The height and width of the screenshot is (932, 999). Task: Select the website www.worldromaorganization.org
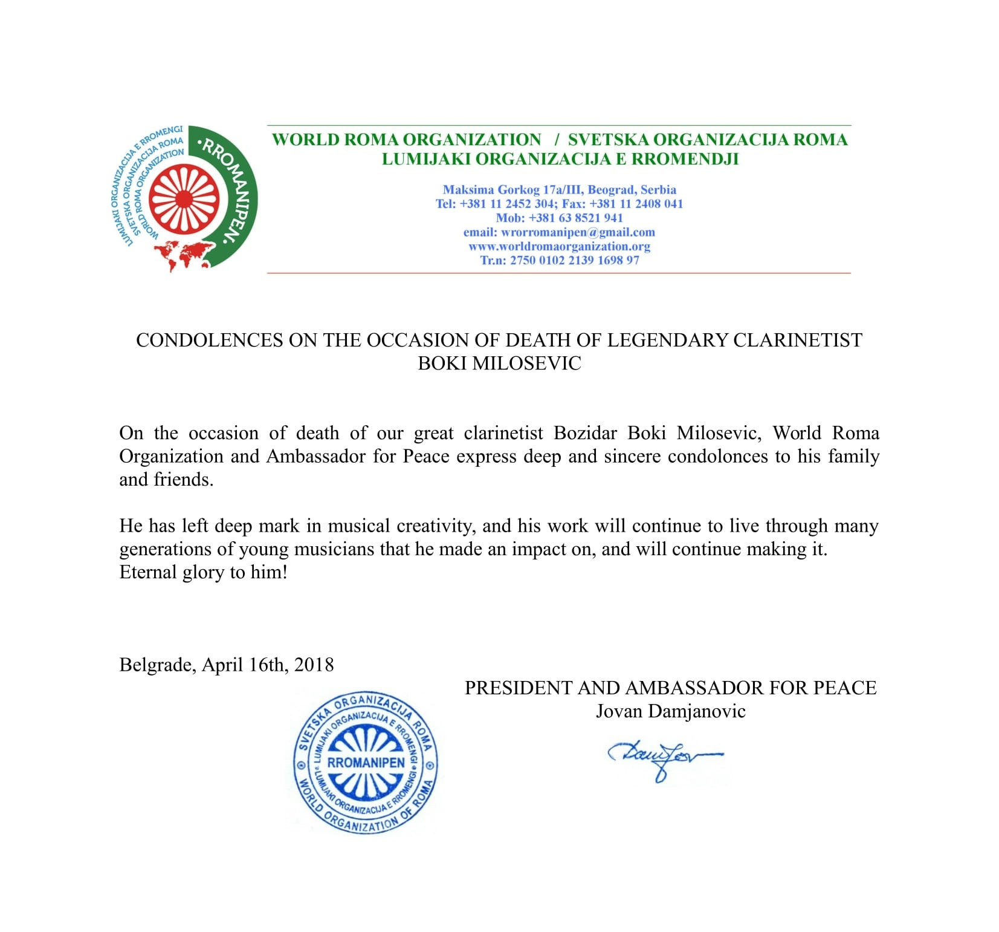[559, 246]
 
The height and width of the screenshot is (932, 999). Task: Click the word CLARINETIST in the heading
[797, 341]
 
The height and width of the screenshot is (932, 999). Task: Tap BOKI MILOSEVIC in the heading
[499, 363]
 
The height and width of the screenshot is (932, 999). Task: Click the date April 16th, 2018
[268, 665]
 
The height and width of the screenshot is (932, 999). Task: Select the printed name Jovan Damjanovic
[670, 711]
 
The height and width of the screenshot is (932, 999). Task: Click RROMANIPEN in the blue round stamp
[366, 763]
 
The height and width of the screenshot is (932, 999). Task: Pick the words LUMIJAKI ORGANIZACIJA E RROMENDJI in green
[560, 159]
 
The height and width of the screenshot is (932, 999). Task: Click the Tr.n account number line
[559, 261]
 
